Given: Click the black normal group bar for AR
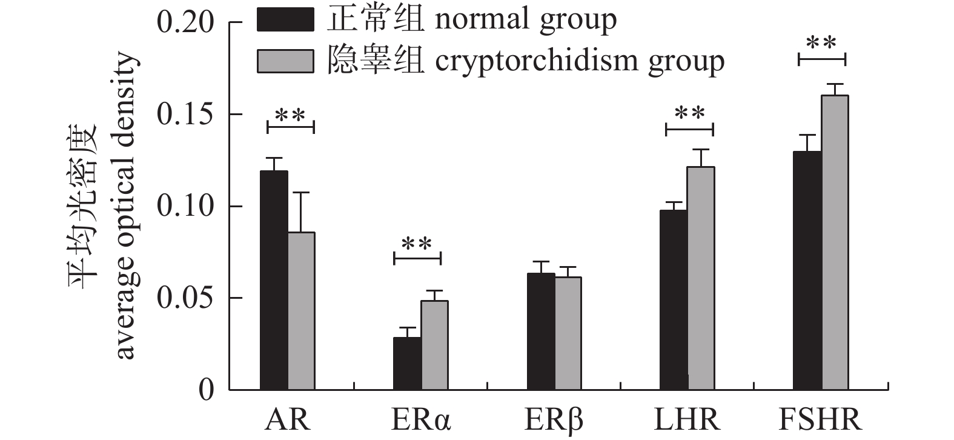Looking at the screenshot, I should coord(274,280).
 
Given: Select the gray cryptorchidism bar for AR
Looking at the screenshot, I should coord(301,311).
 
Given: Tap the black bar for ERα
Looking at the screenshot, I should coord(407,363).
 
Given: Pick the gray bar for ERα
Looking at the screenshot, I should coord(434,345).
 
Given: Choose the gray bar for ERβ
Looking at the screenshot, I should coord(568,333).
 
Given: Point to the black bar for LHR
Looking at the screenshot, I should coord(674,300).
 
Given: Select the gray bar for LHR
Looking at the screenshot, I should coord(701,278).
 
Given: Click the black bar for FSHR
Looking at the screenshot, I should coord(807,270).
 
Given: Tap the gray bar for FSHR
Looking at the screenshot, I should coord(835,242).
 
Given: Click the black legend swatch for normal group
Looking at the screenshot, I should coord(285,19).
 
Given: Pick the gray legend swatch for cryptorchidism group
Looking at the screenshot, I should coord(285,61).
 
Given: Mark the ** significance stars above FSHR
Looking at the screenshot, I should coord(821,44).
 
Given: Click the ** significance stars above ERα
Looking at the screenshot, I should coord(417,245).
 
